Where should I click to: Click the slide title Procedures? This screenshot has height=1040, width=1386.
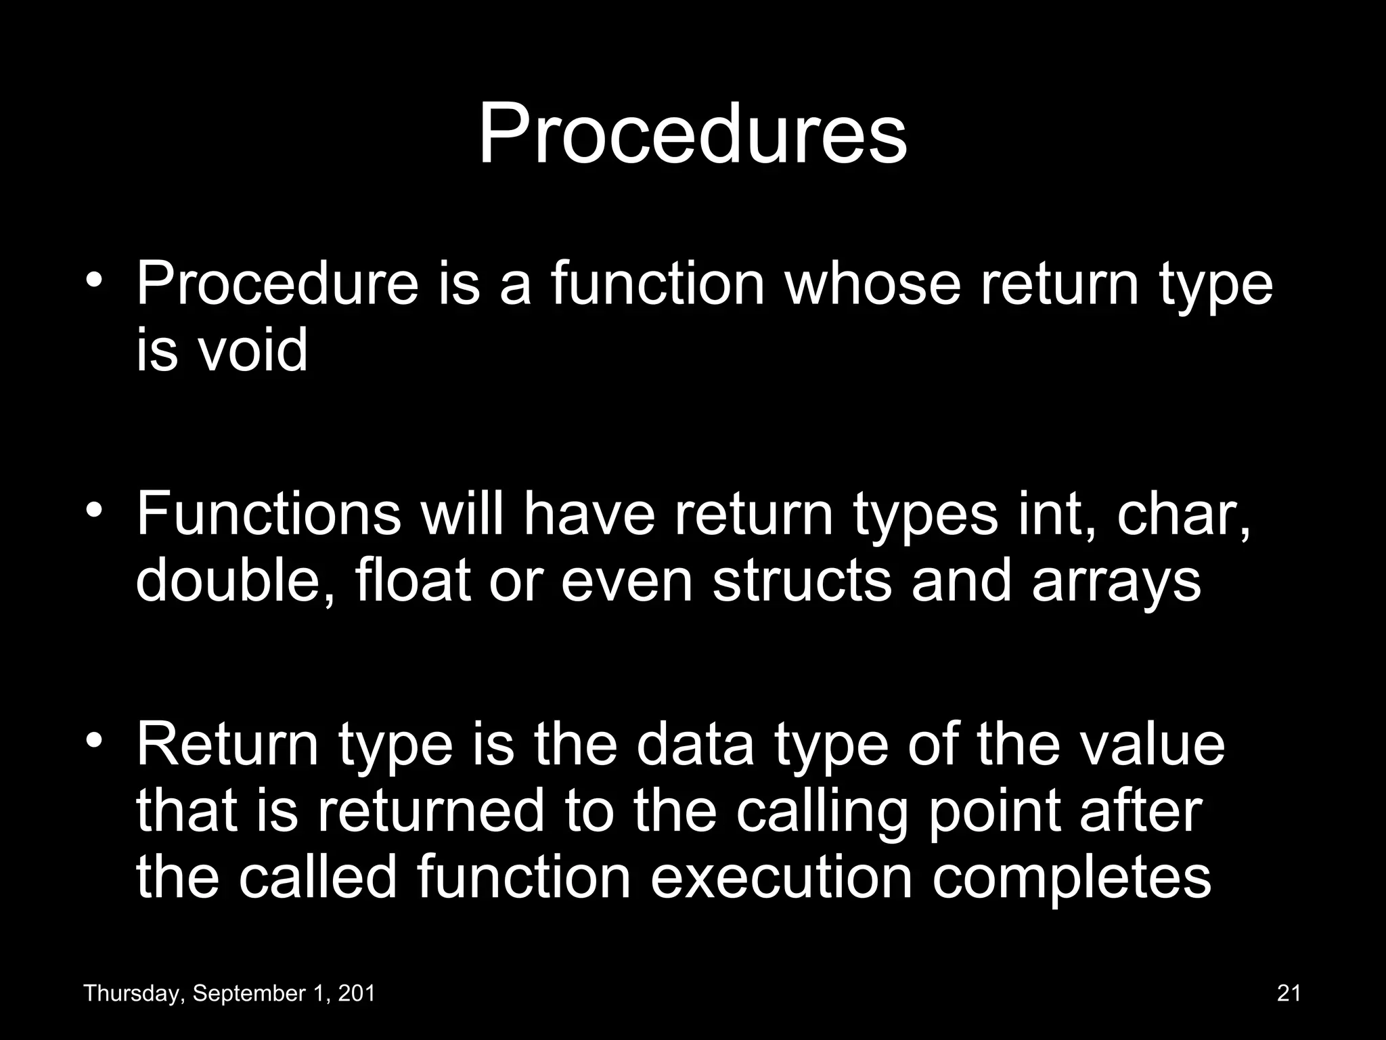tap(692, 134)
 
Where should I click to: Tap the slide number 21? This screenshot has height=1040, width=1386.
tap(1289, 993)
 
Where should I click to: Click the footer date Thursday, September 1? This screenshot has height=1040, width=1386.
tap(229, 993)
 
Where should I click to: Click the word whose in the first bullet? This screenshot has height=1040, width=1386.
tap(872, 284)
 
